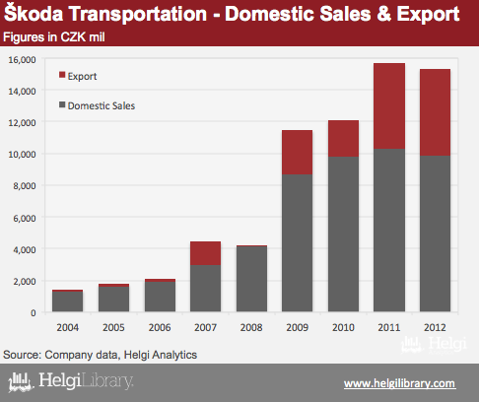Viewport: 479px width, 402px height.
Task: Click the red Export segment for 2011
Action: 389,105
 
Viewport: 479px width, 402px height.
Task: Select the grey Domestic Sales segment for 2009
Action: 297,242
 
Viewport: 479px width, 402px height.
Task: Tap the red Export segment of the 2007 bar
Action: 205,253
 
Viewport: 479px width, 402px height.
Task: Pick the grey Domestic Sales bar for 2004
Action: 67,301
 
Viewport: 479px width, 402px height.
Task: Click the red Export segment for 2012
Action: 435,112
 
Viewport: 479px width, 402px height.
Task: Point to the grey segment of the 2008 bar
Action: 251,279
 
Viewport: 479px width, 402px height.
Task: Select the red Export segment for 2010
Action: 343,139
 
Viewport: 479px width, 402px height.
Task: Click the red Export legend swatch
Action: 62,75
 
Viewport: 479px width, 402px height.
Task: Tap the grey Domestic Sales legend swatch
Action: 62,104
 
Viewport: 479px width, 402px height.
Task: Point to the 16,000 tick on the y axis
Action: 23,60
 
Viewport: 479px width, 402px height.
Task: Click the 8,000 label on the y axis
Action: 25,186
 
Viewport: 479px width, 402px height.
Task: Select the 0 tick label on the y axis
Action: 34,312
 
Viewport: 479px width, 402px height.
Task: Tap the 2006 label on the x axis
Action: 160,327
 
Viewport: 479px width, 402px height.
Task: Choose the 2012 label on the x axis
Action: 435,327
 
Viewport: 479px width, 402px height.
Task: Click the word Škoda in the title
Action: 34,14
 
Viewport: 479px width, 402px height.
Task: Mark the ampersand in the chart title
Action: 383,14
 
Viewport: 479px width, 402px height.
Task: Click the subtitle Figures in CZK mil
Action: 54,37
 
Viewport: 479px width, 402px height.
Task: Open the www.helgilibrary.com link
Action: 400,383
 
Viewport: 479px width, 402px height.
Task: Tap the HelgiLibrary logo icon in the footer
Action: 21,382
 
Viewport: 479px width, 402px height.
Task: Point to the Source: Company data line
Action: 100,355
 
